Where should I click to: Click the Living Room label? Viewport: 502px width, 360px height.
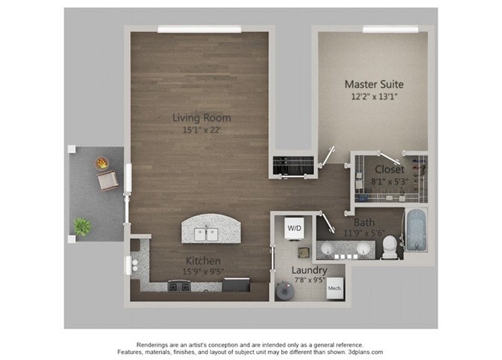point(202,118)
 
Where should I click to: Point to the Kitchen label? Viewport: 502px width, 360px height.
point(202,261)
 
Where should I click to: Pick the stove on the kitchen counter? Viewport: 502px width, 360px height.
point(178,285)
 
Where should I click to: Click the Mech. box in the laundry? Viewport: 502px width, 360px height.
point(334,287)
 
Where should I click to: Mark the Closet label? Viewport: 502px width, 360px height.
point(390,169)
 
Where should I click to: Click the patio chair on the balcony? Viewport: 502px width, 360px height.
point(107,180)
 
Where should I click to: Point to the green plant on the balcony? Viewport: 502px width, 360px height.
point(82,226)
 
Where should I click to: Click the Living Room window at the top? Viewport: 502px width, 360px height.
point(199,30)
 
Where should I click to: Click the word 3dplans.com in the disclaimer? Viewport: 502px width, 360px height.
point(361,352)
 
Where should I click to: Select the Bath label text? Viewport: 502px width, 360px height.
point(364,223)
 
